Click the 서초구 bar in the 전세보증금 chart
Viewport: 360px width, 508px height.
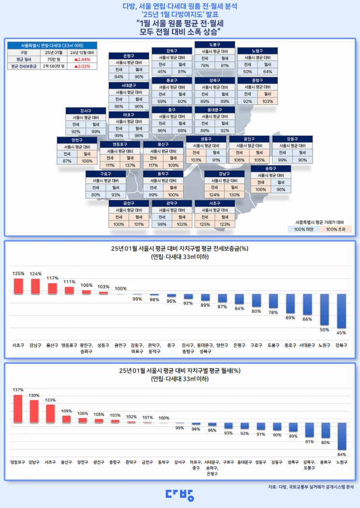click(18, 286)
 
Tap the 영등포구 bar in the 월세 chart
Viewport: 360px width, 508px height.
click(18, 408)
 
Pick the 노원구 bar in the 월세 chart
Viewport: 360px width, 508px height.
click(342, 436)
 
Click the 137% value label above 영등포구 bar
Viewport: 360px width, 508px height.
click(18, 390)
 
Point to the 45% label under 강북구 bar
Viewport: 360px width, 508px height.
click(341, 332)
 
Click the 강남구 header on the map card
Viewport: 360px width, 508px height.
click(224, 174)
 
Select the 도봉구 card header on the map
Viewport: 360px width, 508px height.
click(215, 44)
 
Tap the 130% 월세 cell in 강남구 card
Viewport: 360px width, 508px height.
click(234, 195)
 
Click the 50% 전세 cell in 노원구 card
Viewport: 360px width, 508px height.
click(247, 72)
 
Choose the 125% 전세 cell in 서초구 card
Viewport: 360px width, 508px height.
click(204, 224)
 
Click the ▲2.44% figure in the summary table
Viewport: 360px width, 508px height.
click(82, 59)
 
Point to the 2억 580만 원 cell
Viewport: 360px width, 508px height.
click(53, 67)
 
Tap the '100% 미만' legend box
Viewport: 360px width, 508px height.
click(303, 229)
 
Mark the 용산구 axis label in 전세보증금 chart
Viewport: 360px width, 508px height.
click(52, 345)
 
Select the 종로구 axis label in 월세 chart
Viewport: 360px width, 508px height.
click(325, 462)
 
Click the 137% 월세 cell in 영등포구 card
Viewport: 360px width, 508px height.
click(130, 165)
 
